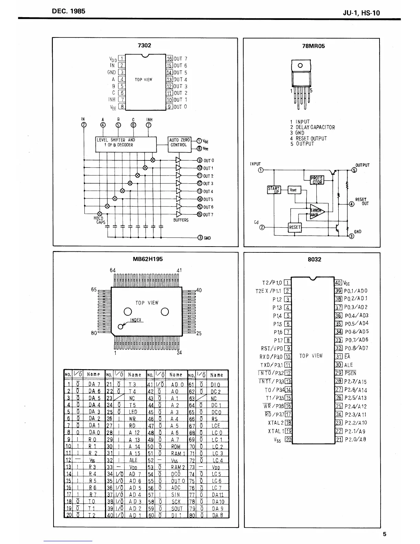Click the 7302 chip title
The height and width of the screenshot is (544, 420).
coord(144,45)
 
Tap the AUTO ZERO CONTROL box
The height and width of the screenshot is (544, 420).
coord(179,143)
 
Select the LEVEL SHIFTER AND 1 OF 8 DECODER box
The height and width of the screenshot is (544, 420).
coord(126,143)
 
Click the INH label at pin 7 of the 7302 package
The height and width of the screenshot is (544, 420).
coord(112,100)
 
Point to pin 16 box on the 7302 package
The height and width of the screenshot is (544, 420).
coord(170,59)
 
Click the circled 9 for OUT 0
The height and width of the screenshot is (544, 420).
coord(199,160)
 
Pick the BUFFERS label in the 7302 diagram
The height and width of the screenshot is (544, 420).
coord(181,220)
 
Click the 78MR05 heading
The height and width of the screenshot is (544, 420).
coord(313,46)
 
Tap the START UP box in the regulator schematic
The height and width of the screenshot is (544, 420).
coord(274,190)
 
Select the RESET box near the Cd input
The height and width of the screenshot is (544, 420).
coord(295,227)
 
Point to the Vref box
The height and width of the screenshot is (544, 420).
coord(294,190)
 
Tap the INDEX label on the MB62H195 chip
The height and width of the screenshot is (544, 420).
coord(136,320)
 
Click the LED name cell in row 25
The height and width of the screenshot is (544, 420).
coord(133,412)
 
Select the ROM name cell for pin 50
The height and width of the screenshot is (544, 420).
coord(176,446)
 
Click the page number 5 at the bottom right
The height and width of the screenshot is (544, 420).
coord(385,534)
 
